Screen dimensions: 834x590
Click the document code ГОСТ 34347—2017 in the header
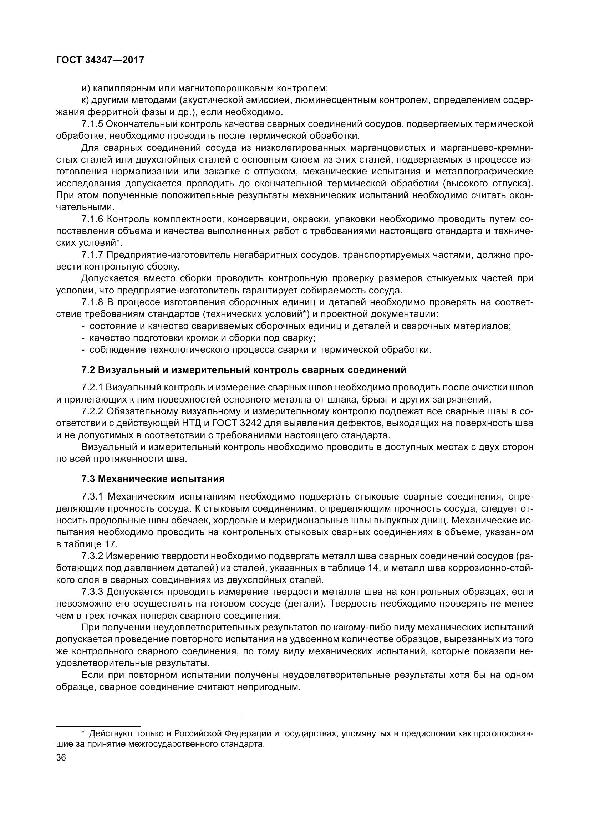click(100, 60)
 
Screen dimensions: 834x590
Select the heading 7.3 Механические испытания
click(153, 479)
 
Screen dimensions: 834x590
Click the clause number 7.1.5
click(92, 124)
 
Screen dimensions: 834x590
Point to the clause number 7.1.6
click(92, 219)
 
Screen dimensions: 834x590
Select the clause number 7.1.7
click(92, 255)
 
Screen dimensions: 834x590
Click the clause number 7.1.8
click(92, 302)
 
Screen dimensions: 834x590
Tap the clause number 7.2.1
click(92, 388)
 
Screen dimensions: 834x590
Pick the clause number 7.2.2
click(92, 411)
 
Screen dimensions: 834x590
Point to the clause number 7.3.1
click(93, 496)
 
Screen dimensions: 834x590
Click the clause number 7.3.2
click(92, 556)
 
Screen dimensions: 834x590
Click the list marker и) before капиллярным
click(86, 88)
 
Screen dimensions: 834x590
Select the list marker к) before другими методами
click(85, 100)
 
